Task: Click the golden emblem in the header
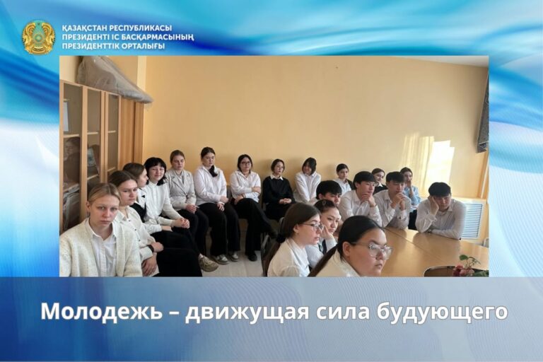[38, 37]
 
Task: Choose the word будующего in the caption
[445, 312]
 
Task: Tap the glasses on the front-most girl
[374, 249]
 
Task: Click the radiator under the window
[472, 219]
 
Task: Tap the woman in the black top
[278, 189]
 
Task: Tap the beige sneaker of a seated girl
[208, 264]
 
